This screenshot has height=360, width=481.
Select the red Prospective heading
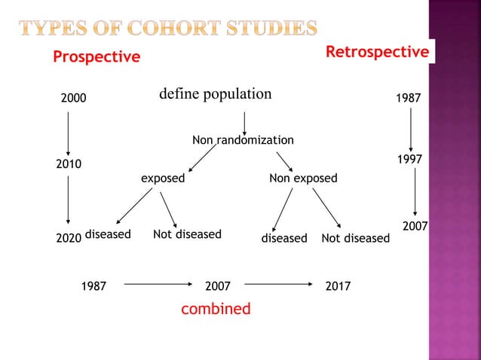(x=96, y=57)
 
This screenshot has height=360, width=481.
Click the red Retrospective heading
(x=377, y=52)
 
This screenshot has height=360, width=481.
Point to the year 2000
(x=73, y=98)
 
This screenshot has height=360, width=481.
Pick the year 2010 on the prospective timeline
(x=69, y=163)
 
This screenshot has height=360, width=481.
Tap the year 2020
(x=69, y=238)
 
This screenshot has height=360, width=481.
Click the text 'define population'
(x=215, y=94)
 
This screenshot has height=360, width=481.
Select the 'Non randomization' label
(x=243, y=140)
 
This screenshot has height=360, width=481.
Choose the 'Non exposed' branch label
(x=303, y=178)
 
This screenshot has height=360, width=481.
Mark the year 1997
(x=409, y=160)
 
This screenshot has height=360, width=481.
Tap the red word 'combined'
(x=216, y=309)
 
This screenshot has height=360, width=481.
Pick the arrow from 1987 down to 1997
(x=410, y=130)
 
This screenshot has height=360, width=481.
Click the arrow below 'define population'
(x=244, y=122)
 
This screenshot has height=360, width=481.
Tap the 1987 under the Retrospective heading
(x=409, y=99)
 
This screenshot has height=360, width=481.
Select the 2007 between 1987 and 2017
(x=218, y=286)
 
